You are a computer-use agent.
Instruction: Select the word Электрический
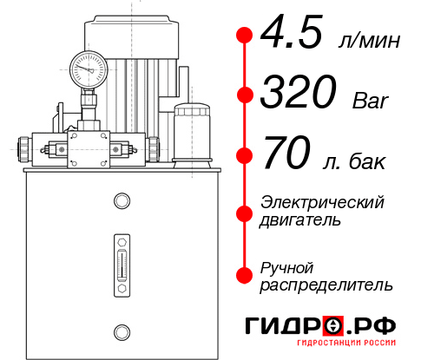coord(323,202)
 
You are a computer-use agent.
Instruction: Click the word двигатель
coord(300,220)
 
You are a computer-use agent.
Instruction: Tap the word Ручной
coord(287,266)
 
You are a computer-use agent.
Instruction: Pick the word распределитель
coord(327,285)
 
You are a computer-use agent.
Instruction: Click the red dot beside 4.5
coord(244,35)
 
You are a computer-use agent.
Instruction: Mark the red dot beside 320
coord(244,94)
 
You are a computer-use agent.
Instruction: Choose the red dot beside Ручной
coord(244,274)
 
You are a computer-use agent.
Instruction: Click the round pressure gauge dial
coord(88,67)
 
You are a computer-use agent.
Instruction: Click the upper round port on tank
coord(121,201)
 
